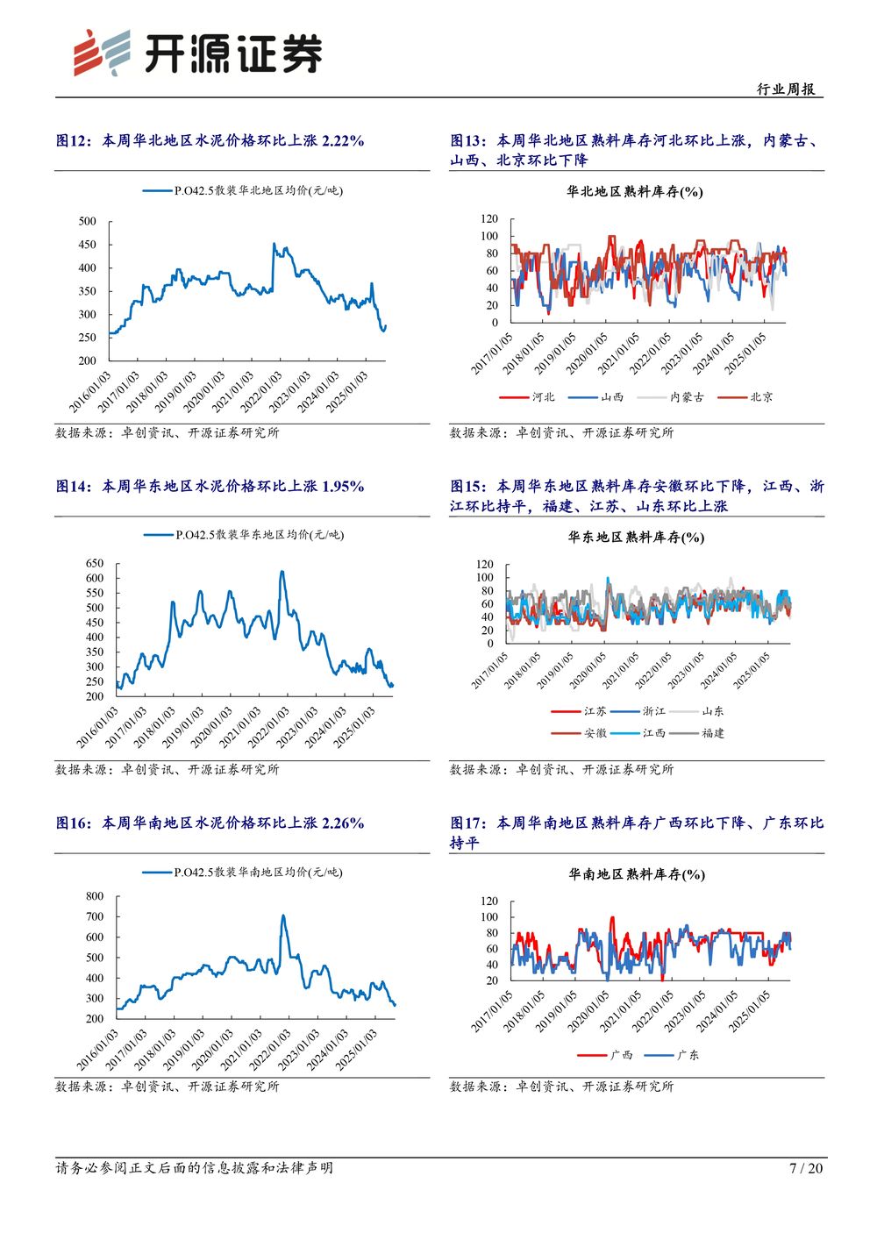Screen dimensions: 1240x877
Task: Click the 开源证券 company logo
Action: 197,53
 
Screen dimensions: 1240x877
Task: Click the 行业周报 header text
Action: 786,89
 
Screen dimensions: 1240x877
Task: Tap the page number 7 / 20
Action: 806,1168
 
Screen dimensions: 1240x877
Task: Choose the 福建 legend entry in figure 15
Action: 712,733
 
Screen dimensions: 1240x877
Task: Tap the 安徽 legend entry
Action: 595,733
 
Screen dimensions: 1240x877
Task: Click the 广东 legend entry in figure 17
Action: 688,1055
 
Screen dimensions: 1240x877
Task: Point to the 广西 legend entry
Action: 621,1055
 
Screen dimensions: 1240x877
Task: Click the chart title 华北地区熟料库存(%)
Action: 635,191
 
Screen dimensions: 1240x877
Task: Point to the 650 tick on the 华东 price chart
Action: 95,563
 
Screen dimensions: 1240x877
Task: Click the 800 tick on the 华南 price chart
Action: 95,896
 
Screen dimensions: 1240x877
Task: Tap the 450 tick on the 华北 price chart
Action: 88,245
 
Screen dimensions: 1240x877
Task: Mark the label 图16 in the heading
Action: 74,823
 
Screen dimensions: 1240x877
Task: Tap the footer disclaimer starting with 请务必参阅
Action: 194,1168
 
